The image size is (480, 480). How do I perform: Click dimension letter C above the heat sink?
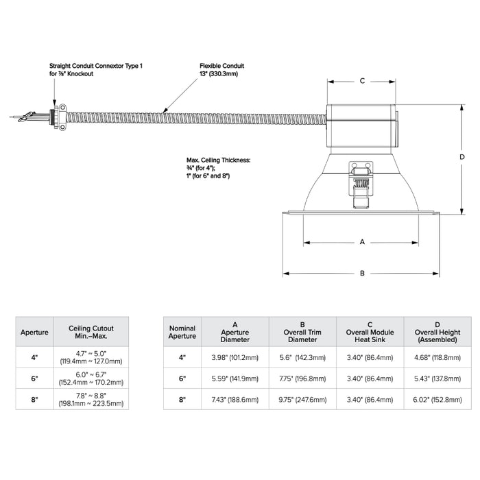362,81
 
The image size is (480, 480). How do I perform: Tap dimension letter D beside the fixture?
462,157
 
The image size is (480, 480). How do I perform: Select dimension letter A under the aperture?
361,242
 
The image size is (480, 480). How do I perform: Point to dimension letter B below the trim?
362,273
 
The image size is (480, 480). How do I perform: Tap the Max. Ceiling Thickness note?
218,168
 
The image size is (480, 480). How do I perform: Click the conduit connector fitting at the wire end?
60,116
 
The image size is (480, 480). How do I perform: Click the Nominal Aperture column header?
182,333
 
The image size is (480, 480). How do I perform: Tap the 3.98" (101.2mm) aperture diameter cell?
235,357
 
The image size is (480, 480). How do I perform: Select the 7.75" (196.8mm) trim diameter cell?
302,378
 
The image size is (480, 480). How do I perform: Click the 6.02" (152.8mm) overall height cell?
437,398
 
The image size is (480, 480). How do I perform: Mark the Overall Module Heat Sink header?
370,333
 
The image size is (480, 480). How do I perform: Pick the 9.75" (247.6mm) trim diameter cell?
302,398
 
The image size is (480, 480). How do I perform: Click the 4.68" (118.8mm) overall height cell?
437,357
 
